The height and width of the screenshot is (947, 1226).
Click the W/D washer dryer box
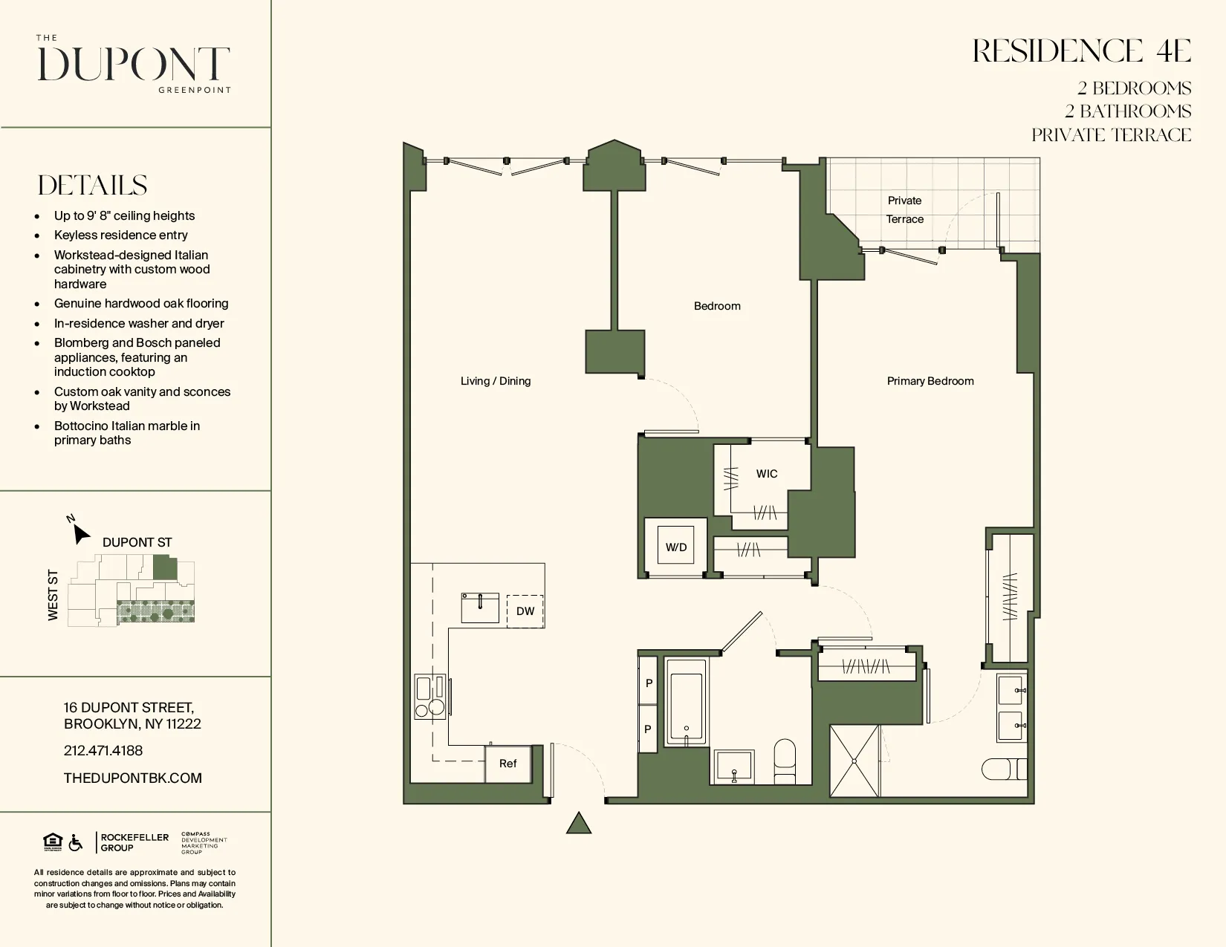[675, 547]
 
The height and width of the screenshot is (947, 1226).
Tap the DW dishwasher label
[525, 611]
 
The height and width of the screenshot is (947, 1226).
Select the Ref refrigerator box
[508, 764]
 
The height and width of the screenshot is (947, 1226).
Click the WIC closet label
[767, 474]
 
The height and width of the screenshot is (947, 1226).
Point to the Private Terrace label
[904, 209]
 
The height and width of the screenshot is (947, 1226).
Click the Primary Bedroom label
[930, 381]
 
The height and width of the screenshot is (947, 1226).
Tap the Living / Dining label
[496, 381]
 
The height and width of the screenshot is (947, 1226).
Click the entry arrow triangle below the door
[579, 823]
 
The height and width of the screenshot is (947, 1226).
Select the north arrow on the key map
[80, 533]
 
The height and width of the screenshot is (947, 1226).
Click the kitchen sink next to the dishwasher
[480, 608]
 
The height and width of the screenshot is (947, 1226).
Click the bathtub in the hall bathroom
[686, 701]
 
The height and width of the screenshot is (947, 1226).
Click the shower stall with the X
[854, 761]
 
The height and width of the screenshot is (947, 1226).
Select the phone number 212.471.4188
[103, 751]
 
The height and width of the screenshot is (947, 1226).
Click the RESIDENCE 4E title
[1082, 51]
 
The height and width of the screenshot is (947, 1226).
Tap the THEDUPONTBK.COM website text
[133, 778]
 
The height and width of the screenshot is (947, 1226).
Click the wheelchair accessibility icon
[76, 843]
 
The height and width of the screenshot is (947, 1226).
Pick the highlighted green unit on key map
[165, 569]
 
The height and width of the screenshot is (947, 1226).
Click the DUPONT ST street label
[137, 542]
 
